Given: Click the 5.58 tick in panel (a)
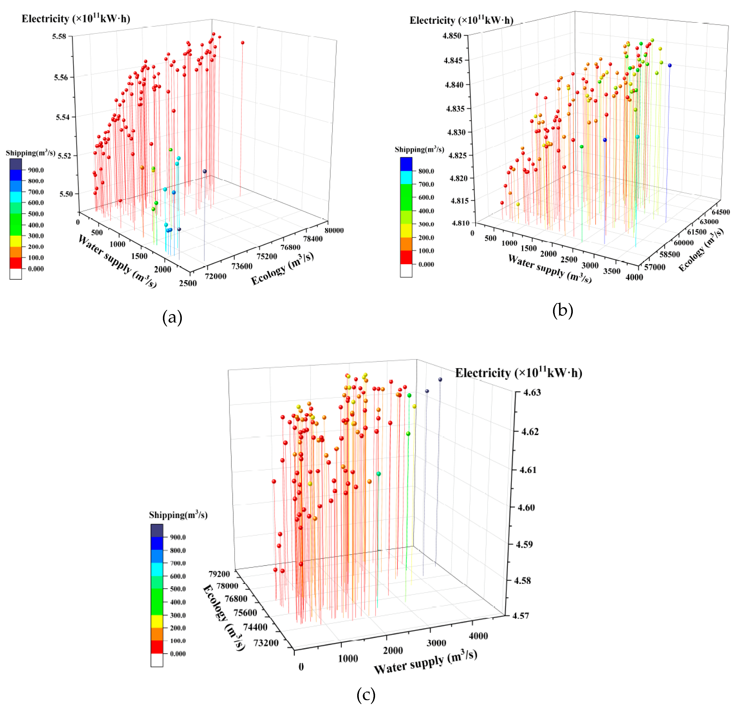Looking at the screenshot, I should click(x=59, y=37).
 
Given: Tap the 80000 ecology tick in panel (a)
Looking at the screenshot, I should click(x=334, y=230).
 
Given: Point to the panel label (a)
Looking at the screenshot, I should click(x=172, y=318).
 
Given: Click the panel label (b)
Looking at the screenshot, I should click(x=562, y=310).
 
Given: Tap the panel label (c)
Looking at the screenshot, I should click(x=366, y=695).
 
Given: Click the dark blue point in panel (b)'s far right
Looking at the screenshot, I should click(x=670, y=65).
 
